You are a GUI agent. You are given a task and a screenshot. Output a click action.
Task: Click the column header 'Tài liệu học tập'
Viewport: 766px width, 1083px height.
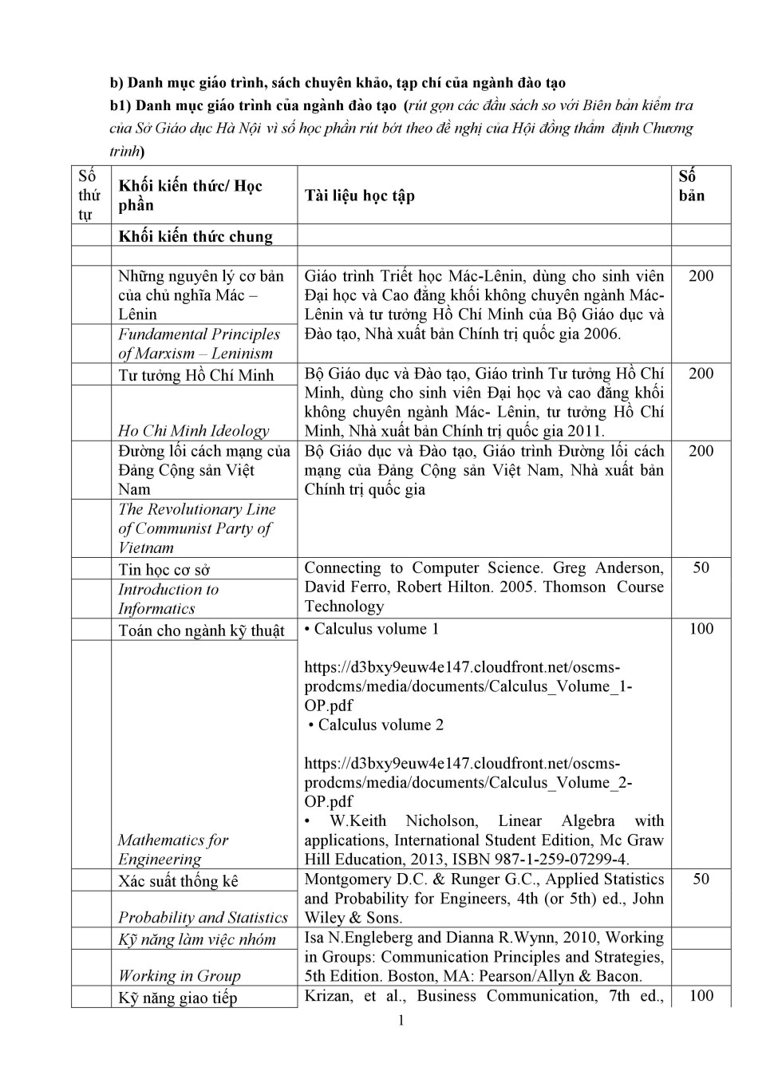(x=359, y=196)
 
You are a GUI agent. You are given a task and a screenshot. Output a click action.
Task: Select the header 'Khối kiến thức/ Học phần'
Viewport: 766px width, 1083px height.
(x=190, y=196)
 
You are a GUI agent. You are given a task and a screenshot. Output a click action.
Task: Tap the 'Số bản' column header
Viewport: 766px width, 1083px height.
(x=691, y=186)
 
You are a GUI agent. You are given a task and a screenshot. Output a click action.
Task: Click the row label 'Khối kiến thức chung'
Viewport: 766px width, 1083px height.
(x=195, y=236)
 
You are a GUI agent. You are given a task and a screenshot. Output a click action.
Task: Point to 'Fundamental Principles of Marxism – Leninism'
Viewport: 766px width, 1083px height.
(x=199, y=344)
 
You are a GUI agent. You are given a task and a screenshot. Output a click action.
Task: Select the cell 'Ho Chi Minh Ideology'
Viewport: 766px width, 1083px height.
(x=194, y=431)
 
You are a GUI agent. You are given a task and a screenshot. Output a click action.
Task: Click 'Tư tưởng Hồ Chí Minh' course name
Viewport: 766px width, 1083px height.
(x=195, y=375)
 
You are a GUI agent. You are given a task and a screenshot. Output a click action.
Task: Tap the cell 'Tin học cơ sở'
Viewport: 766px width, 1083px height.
(x=164, y=569)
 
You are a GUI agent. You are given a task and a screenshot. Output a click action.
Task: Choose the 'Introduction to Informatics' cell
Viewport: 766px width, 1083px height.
(x=168, y=599)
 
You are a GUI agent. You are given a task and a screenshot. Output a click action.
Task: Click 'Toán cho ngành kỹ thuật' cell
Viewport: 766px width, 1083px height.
(x=201, y=630)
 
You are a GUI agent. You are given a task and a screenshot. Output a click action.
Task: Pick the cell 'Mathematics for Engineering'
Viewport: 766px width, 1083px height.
(x=173, y=849)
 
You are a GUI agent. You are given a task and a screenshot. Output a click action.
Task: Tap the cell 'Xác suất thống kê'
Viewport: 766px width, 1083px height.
(x=178, y=881)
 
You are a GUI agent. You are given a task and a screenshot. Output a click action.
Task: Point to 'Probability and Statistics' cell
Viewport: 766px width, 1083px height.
(x=203, y=918)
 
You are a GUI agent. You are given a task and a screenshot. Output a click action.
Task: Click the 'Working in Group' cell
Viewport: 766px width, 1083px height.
(x=180, y=975)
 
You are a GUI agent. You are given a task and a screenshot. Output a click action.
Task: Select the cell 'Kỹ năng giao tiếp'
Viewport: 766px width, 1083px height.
(x=177, y=998)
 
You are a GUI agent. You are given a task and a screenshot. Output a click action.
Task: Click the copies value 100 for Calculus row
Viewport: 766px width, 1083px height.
(x=701, y=629)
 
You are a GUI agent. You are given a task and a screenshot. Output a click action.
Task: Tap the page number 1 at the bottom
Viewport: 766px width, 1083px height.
(x=401, y=1021)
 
